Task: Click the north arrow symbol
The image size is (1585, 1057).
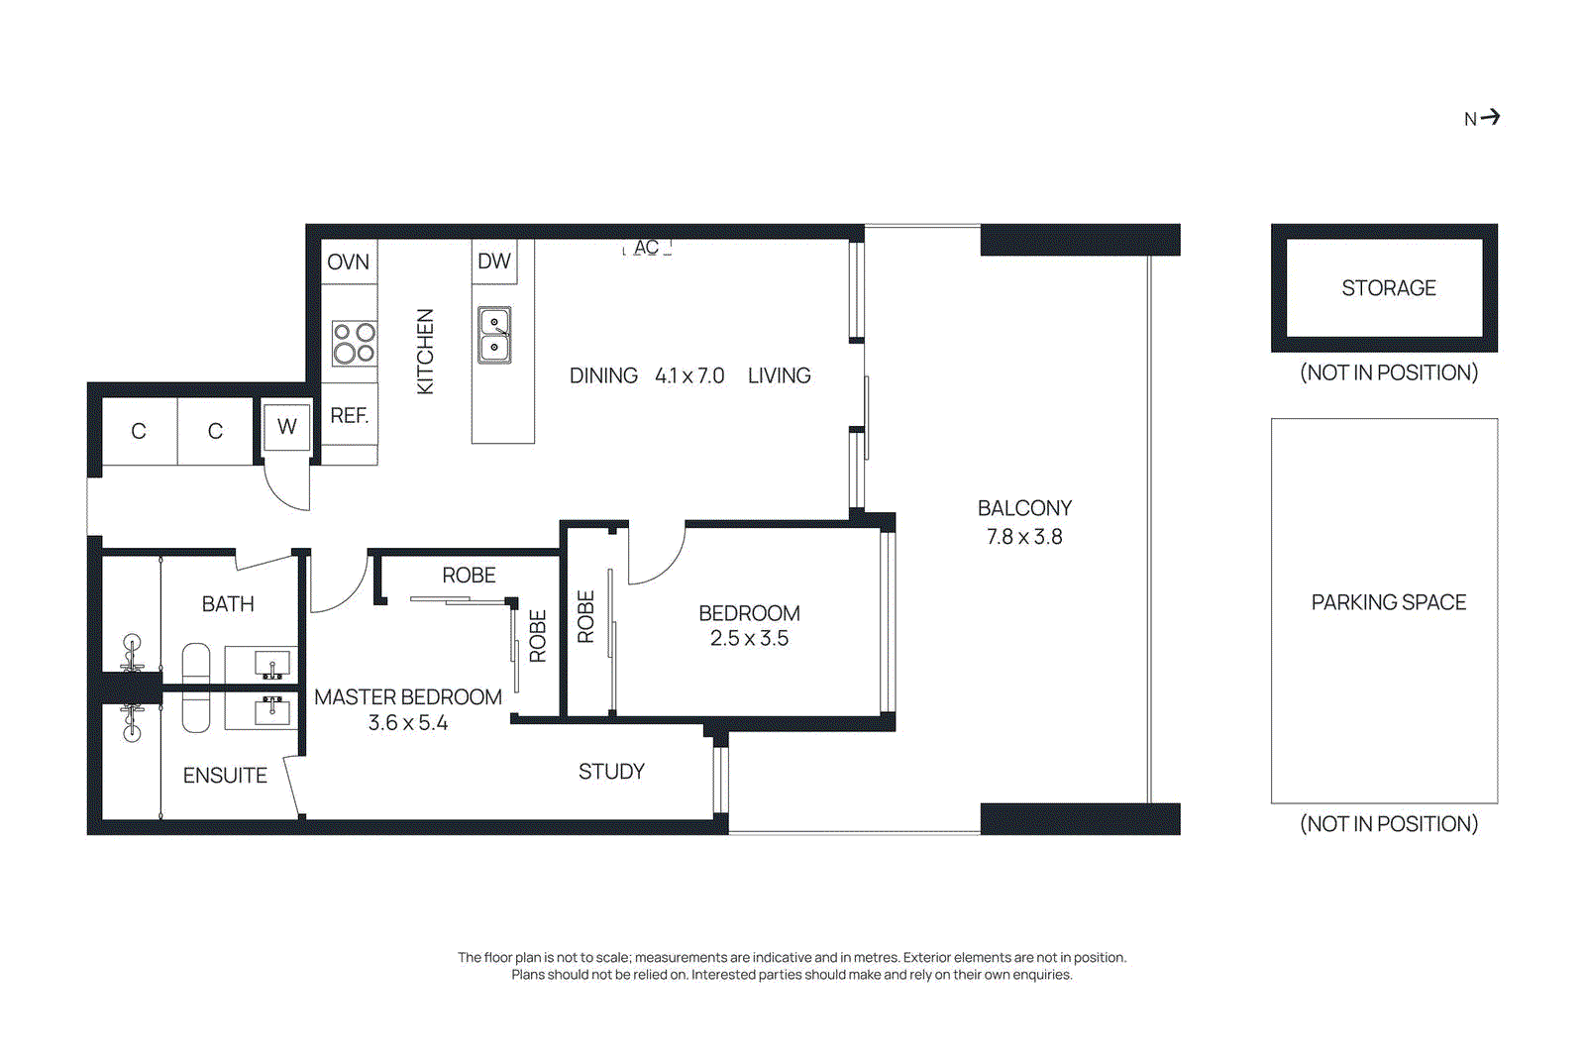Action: [1490, 117]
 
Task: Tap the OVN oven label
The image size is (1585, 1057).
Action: [348, 262]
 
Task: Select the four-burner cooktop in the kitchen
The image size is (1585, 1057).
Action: [354, 343]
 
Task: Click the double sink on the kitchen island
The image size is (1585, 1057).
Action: [494, 335]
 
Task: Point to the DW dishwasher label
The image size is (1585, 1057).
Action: [493, 261]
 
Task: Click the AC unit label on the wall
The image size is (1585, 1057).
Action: [646, 248]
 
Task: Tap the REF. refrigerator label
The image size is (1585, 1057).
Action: [349, 415]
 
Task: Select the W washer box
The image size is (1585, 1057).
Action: [287, 426]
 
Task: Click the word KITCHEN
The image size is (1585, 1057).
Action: [425, 351]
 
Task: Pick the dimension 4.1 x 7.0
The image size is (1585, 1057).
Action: [689, 375]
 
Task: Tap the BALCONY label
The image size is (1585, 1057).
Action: [1024, 508]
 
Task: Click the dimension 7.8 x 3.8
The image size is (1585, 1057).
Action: [1024, 537]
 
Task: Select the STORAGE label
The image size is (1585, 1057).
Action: [1388, 288]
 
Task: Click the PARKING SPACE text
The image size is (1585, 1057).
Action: [1388, 602]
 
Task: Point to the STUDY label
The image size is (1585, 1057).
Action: [611, 771]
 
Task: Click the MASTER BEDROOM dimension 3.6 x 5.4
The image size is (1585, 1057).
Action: [407, 723]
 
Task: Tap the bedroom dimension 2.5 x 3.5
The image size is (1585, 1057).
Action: [749, 639]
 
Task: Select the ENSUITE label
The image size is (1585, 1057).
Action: [225, 775]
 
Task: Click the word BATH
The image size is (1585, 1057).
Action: [228, 603]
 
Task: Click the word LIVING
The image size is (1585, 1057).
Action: [779, 375]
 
